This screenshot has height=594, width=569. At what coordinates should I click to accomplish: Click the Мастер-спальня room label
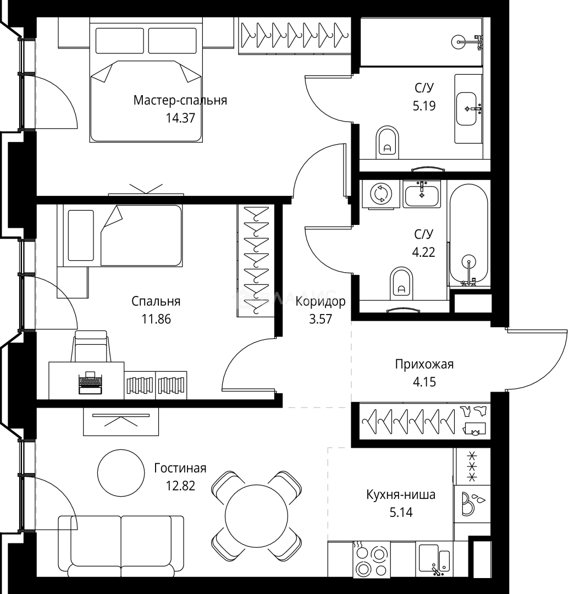click(180, 101)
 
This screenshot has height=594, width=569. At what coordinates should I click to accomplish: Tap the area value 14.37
click(180, 118)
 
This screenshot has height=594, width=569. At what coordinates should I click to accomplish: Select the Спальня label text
click(156, 301)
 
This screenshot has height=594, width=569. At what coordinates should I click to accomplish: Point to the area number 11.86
click(156, 319)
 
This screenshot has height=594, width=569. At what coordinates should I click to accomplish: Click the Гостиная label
click(180, 468)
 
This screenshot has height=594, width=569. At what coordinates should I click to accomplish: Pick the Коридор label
click(321, 301)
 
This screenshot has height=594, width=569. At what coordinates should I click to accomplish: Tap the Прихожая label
click(424, 365)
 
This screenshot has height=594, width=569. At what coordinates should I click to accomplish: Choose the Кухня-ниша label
click(401, 495)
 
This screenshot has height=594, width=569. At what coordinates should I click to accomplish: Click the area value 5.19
click(424, 106)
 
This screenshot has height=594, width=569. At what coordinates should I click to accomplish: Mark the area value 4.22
click(423, 252)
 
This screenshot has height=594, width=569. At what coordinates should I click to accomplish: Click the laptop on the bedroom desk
click(90, 383)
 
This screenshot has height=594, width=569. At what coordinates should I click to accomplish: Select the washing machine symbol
click(381, 194)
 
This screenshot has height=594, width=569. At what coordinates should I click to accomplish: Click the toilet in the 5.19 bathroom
click(388, 142)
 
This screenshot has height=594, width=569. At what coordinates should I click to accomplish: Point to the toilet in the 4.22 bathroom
click(401, 283)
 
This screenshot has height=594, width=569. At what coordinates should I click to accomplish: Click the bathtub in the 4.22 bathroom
click(469, 235)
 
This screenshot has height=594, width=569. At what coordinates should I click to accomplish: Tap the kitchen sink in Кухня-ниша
click(435, 558)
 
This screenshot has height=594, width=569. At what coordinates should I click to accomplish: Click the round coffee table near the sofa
click(121, 473)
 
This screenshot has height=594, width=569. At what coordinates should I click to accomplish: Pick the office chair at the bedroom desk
click(91, 346)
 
